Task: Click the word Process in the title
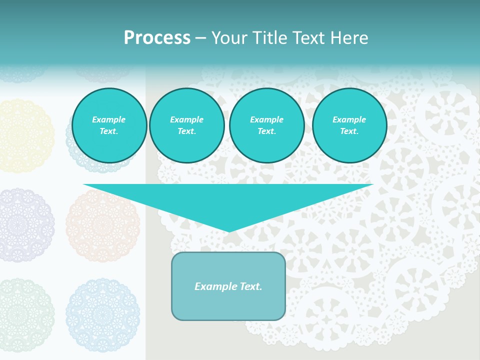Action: pyautogui.click(x=157, y=38)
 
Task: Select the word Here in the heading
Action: pyautogui.click(x=349, y=38)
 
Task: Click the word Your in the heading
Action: pyautogui.click(x=229, y=38)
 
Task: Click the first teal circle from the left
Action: pyautogui.click(x=109, y=125)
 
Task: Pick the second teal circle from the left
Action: pyautogui.click(x=187, y=125)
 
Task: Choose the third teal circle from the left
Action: pyautogui.click(x=267, y=125)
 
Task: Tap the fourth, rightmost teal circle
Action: pyautogui.click(x=349, y=125)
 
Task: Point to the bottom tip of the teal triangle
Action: pyautogui.click(x=228, y=231)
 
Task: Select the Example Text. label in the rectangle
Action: pyautogui.click(x=228, y=286)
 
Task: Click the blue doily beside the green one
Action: pyautogui.click(x=102, y=315)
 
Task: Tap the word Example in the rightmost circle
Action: pyautogui.click(x=349, y=119)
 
